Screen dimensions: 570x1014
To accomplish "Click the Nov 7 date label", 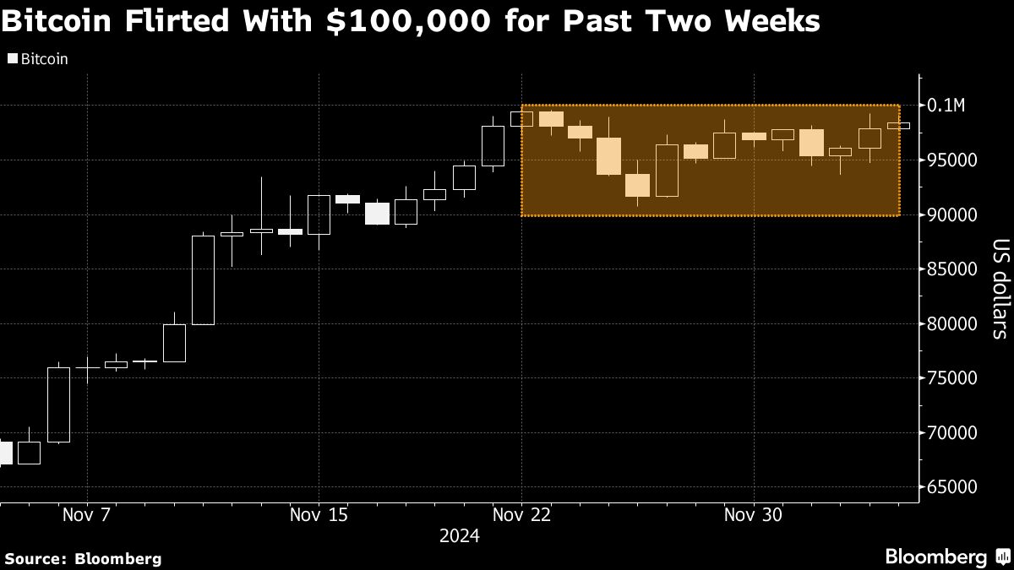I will (x=87, y=514).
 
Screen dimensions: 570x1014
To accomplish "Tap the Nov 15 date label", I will (x=318, y=514).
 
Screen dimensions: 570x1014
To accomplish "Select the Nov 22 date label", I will (x=522, y=514).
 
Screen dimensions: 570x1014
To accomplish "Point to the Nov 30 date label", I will (x=753, y=514).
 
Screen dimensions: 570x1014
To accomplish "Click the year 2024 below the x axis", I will (x=459, y=536).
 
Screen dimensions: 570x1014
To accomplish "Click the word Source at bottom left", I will (x=35, y=558).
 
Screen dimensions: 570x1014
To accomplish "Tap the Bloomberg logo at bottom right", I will (x=936, y=557).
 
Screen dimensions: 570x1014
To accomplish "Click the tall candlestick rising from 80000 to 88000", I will (x=203, y=280).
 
